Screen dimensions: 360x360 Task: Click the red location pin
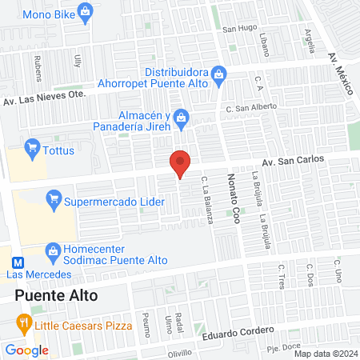(x=181, y=163)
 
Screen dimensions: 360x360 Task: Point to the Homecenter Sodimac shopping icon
(x=54, y=252)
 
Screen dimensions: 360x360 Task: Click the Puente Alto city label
(x=56, y=296)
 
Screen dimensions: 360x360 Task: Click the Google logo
(x=26, y=350)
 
